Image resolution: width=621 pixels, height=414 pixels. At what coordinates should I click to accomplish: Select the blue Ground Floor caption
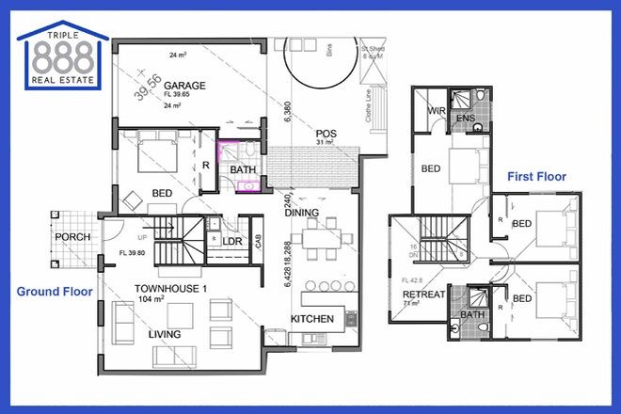[54, 292]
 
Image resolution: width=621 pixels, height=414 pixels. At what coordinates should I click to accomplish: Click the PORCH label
[72, 236]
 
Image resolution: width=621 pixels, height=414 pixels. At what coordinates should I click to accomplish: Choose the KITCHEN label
[312, 319]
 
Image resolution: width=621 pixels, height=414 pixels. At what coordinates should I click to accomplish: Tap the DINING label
[303, 214]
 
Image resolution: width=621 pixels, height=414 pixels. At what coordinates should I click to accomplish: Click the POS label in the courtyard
[326, 134]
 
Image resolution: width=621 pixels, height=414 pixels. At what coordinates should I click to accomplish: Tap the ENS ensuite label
[466, 119]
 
